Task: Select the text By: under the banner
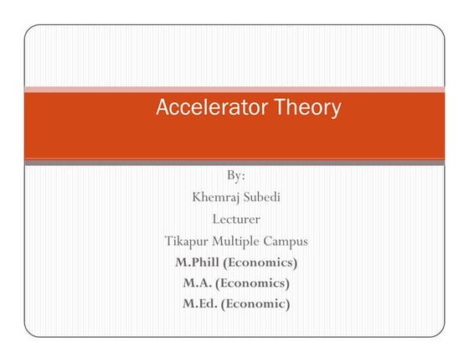tap(236, 176)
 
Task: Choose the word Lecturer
tap(236, 220)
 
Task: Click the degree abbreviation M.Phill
tap(198, 262)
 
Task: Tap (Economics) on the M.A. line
tap(253, 283)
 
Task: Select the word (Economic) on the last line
tap(255, 304)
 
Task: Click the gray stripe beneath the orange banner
tap(234, 163)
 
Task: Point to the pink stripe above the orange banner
tap(234, 89)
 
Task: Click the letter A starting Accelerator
tap(162, 108)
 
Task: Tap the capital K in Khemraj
tap(198, 198)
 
